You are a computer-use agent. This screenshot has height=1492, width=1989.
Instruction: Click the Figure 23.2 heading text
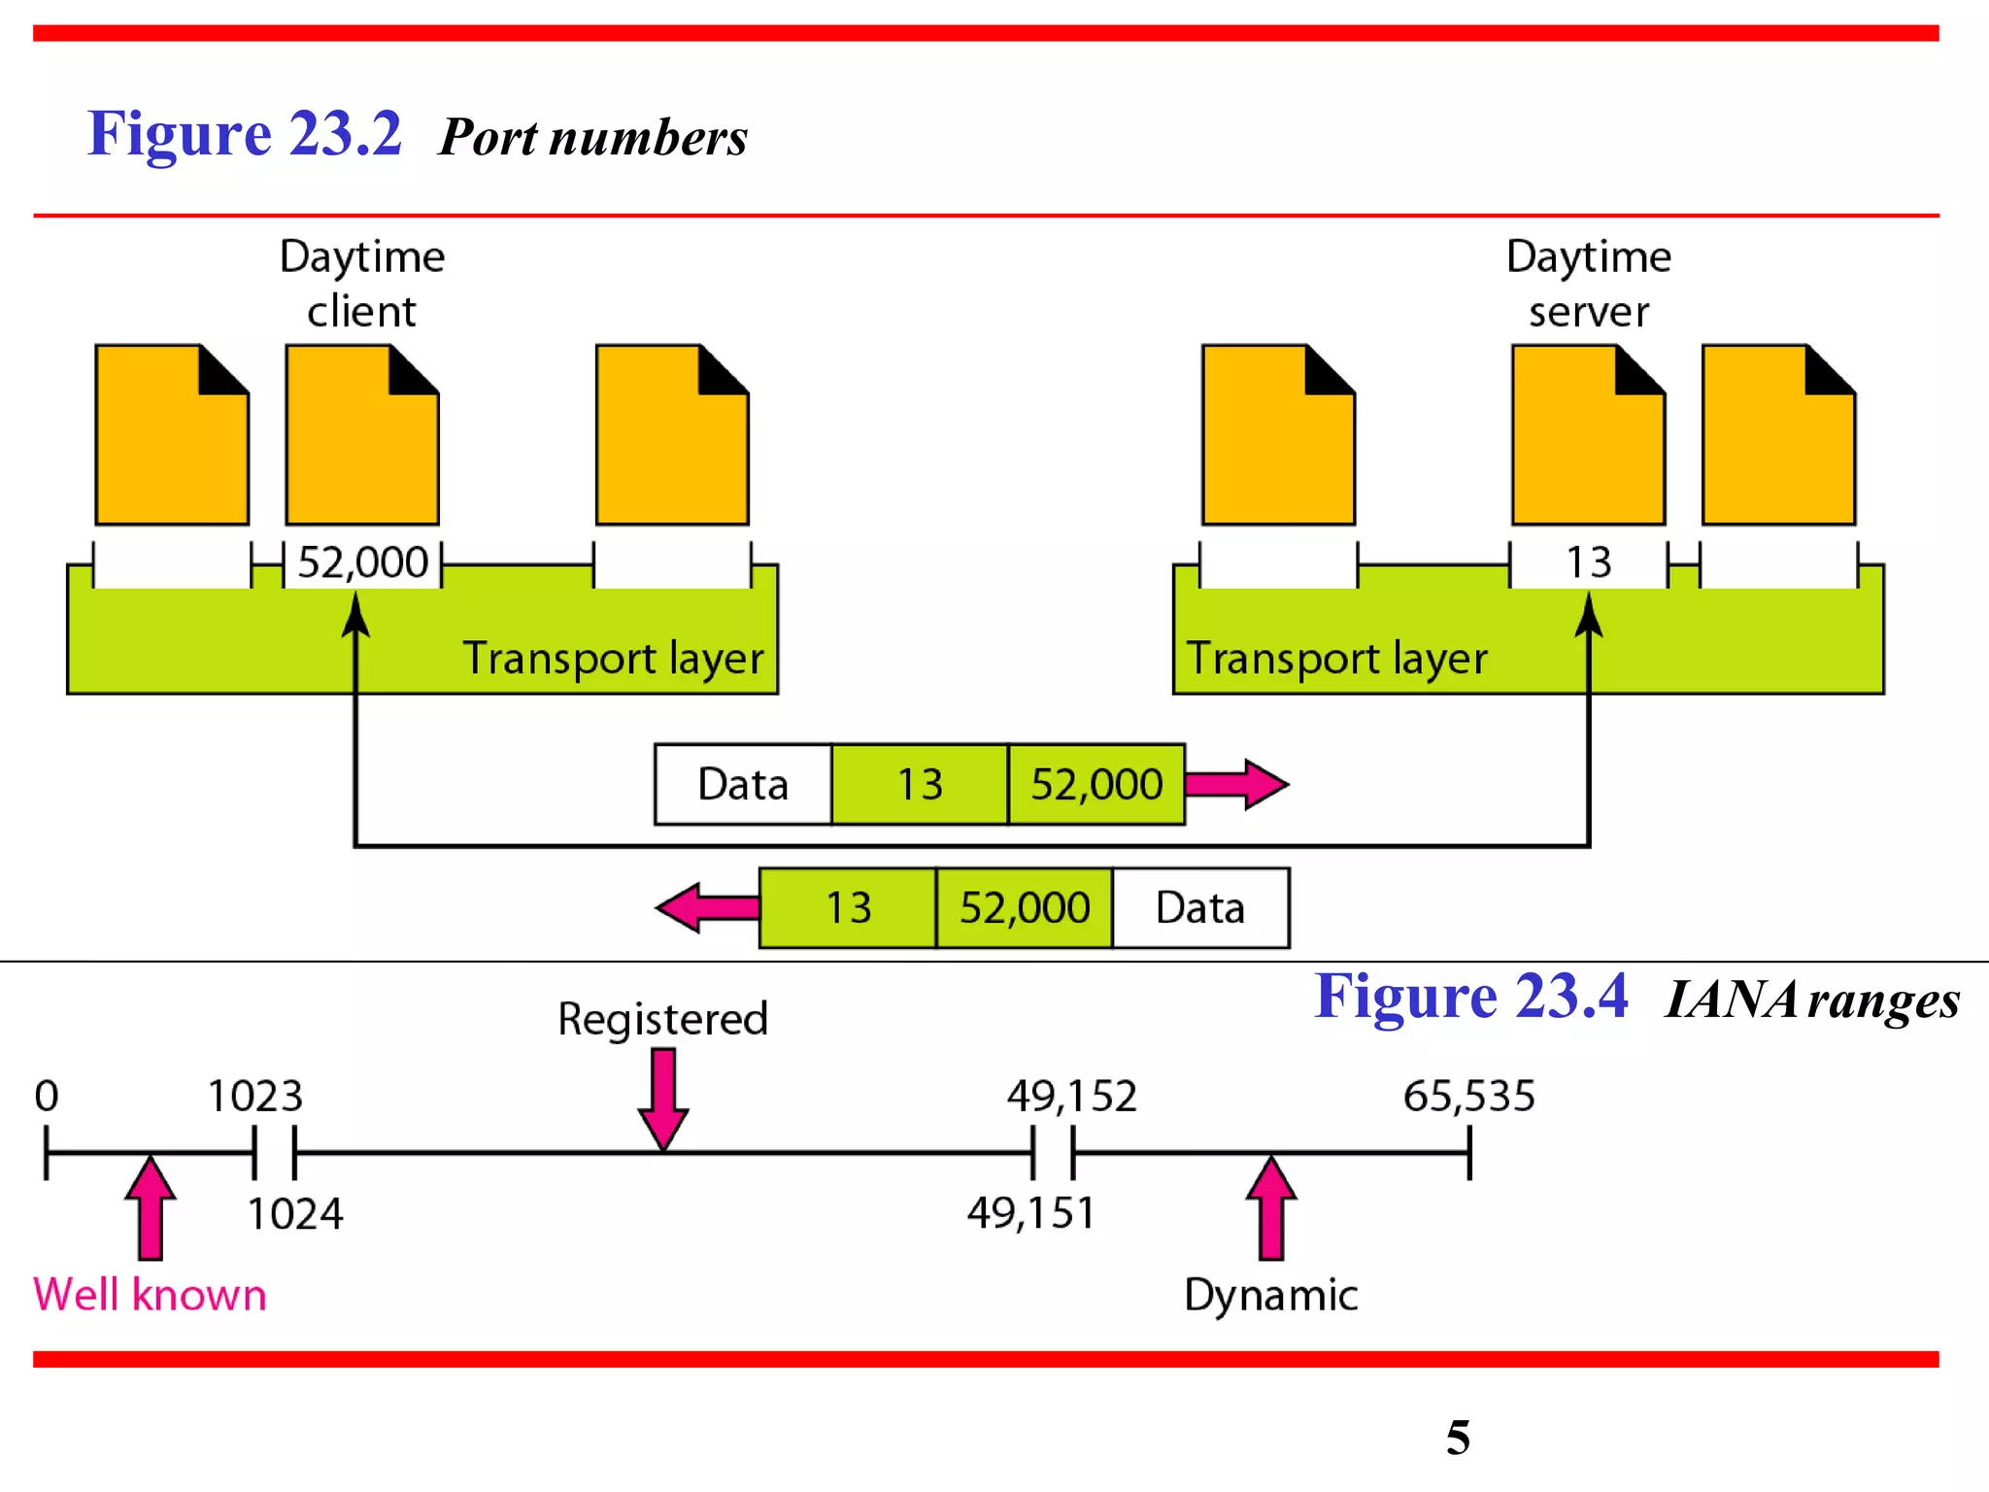click(244, 134)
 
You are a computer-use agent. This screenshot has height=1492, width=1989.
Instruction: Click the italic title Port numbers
click(592, 137)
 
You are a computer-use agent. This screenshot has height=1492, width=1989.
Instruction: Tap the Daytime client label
click(361, 283)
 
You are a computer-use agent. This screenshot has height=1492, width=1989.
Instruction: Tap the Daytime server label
click(1589, 283)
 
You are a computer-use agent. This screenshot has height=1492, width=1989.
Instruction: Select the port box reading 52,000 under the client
click(362, 562)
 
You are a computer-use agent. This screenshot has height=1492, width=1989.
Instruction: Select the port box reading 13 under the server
click(1589, 562)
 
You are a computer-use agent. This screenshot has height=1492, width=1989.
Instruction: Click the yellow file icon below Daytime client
click(361, 437)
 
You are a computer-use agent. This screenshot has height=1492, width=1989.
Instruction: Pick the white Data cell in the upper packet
click(743, 784)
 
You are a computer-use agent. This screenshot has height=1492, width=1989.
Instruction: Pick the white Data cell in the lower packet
click(1200, 908)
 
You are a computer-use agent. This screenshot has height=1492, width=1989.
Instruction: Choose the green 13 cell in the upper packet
click(919, 784)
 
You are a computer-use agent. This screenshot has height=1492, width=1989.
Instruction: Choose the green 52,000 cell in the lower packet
click(1025, 908)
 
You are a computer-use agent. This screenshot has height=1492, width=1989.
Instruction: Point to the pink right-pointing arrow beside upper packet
click(1236, 784)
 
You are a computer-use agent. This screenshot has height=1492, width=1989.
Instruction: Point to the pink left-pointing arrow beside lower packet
click(707, 908)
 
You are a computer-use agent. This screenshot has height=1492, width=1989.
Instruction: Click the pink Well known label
click(150, 1295)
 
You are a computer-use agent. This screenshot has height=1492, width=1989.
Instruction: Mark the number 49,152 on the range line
click(1071, 1096)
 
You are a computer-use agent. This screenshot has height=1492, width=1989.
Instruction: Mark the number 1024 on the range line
click(295, 1214)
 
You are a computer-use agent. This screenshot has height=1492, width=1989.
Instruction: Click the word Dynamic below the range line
click(1270, 1295)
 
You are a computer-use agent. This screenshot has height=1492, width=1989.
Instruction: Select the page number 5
click(1458, 1438)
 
